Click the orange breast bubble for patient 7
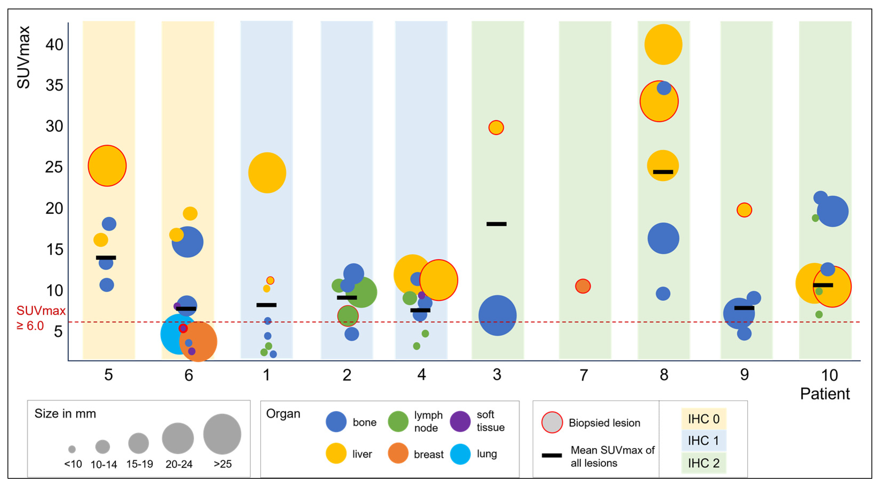click(583, 286)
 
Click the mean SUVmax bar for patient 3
click(496, 224)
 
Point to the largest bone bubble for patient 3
click(498, 315)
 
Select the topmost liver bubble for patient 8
click(663, 44)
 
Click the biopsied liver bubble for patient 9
click(744, 210)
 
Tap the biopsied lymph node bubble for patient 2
click(348, 316)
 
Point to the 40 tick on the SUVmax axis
click(54, 45)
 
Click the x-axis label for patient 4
click(422, 375)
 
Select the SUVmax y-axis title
click(24, 58)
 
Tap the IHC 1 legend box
click(703, 441)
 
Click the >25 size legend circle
click(222, 434)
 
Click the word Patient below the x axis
click(825, 394)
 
